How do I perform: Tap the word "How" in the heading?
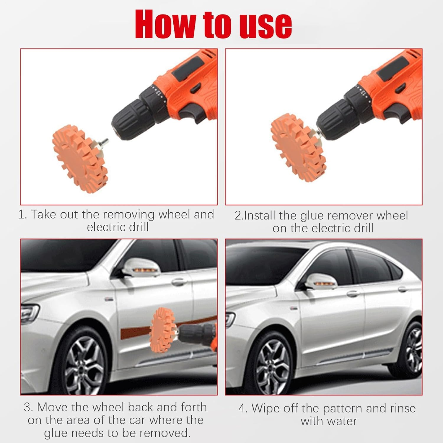coord(165,24)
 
